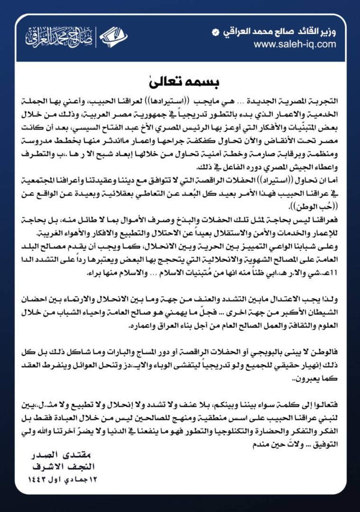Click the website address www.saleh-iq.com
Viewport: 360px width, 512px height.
295,44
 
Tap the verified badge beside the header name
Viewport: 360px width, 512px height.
216,32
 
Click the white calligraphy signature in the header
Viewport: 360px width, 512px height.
54,37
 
